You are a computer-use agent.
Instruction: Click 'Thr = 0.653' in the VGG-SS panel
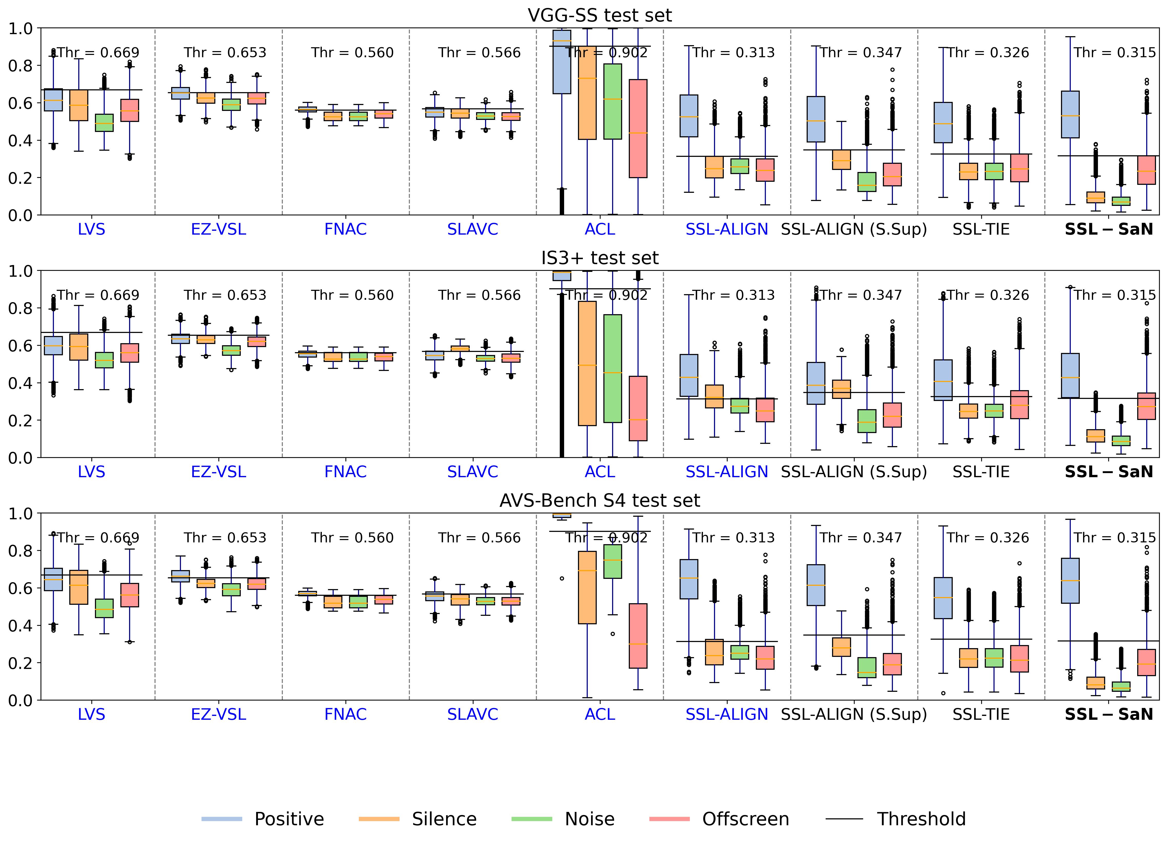pyautogui.click(x=225, y=52)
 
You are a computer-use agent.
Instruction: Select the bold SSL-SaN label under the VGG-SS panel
pyautogui.click(x=1109, y=229)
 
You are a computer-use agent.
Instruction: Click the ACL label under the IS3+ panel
pyautogui.click(x=600, y=472)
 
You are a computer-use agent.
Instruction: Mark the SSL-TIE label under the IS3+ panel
pyautogui.click(x=981, y=472)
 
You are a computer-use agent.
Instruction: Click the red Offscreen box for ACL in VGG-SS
pyautogui.click(x=638, y=129)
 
